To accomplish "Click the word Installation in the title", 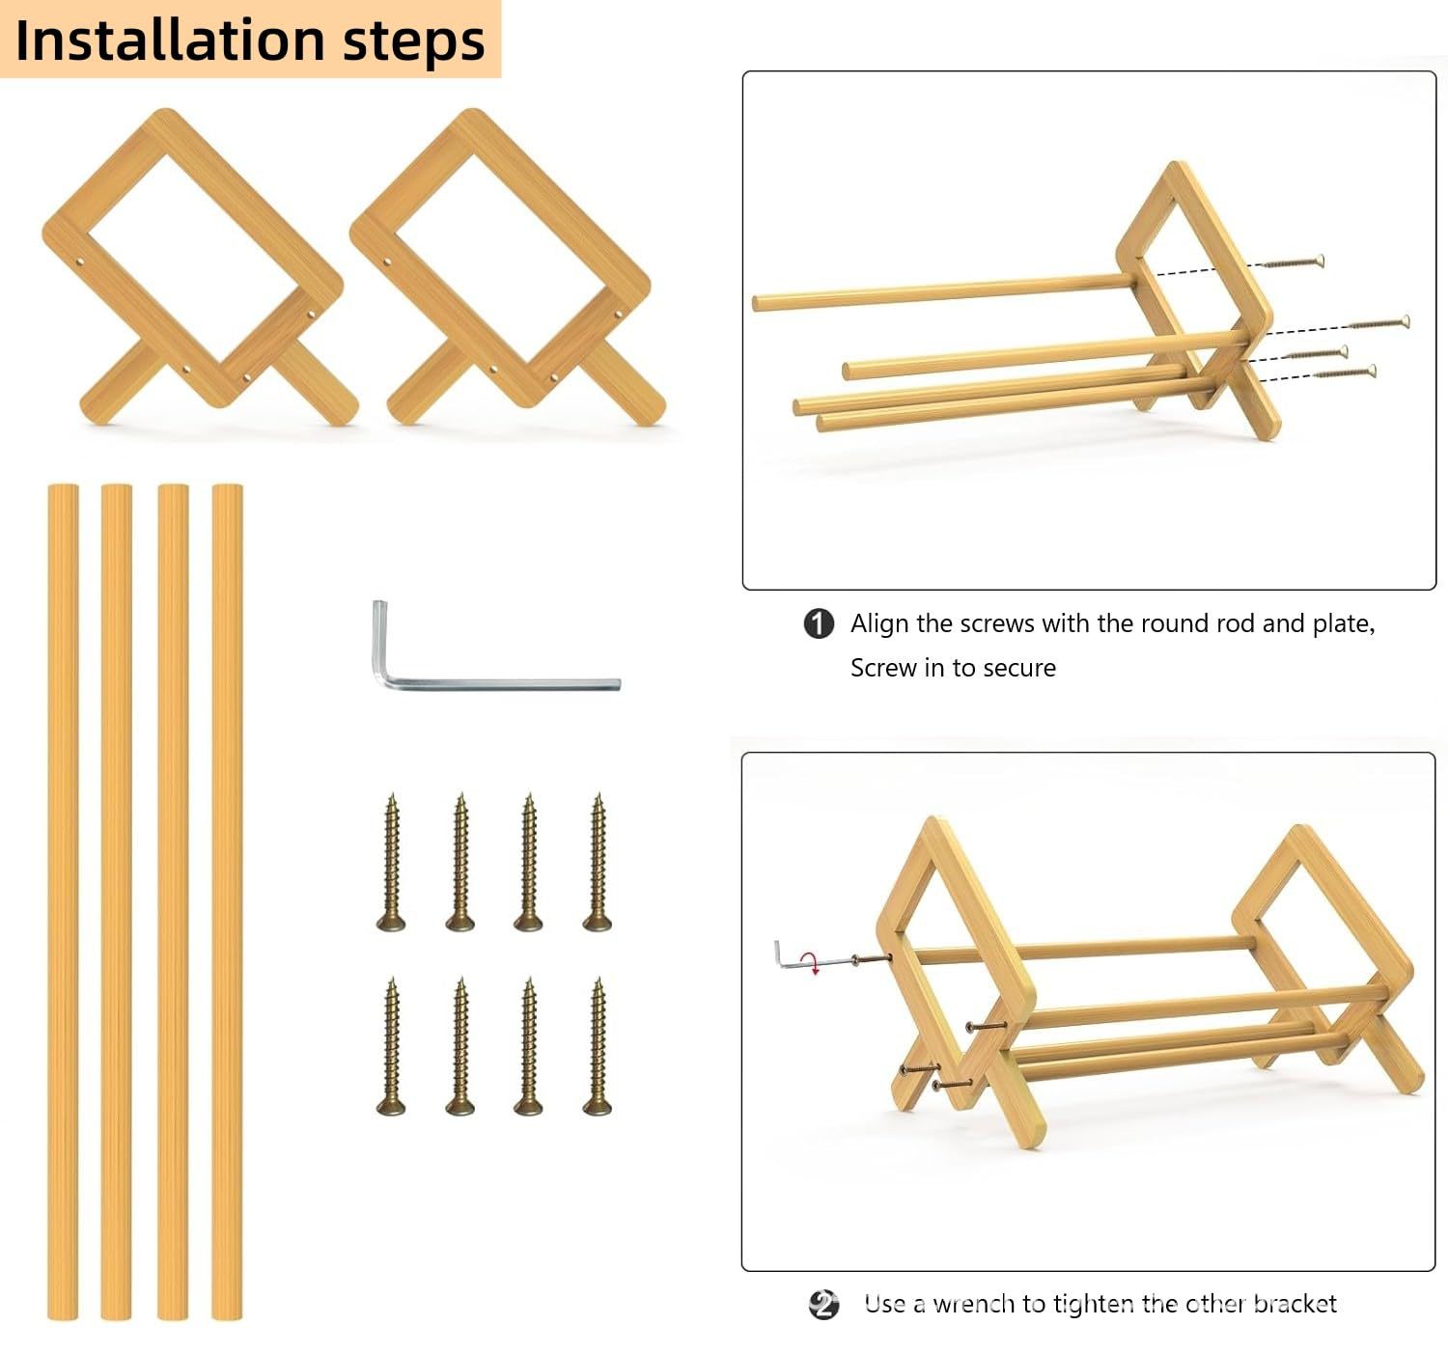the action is [x=170, y=41].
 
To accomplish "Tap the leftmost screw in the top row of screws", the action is [x=391, y=862].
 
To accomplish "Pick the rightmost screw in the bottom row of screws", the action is [x=598, y=1046].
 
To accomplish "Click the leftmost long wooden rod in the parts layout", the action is [x=63, y=901].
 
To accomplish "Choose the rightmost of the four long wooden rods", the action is [x=228, y=901].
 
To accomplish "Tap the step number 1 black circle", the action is [x=819, y=624].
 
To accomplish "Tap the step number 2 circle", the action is [x=822, y=1305].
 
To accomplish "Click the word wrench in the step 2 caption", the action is [x=974, y=1305].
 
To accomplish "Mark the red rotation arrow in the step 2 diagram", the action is [x=813, y=964].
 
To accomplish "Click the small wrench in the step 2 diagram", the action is [x=787, y=956].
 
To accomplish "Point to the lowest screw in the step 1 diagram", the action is [x=1345, y=372].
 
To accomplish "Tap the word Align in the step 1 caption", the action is [x=879, y=624].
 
